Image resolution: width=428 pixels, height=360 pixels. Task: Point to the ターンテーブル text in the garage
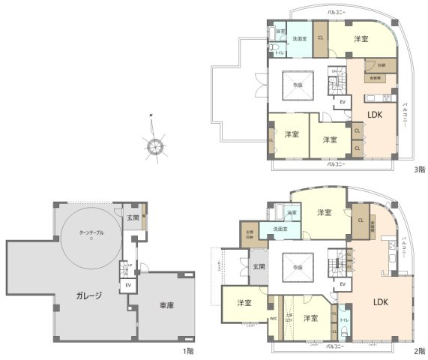click(91, 233)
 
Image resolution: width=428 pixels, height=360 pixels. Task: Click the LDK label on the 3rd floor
click(374, 114)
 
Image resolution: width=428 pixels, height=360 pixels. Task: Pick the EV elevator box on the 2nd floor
click(343, 284)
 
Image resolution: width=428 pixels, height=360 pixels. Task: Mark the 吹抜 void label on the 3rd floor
click(297, 85)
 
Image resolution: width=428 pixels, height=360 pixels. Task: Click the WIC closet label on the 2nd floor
click(273, 318)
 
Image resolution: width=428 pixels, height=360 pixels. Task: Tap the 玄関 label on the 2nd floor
click(258, 266)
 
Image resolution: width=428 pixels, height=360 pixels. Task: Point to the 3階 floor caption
click(420, 169)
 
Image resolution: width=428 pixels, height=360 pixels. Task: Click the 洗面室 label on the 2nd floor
click(280, 229)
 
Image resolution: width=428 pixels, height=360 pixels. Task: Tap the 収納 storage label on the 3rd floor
click(382, 65)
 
